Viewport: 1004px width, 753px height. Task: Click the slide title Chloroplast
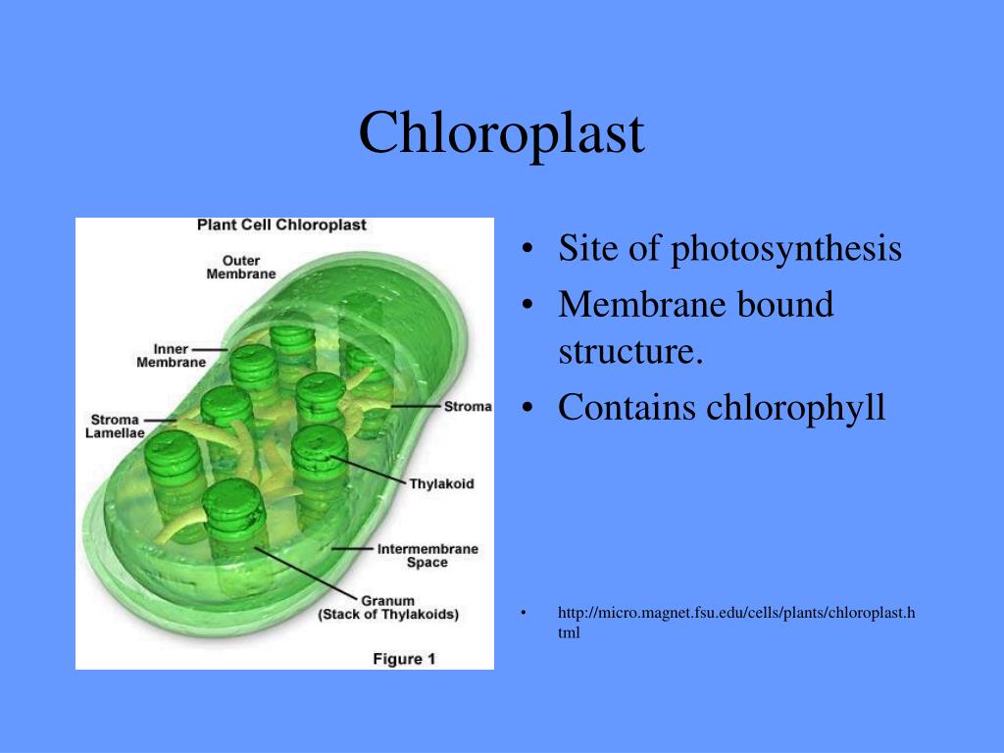[x=501, y=132]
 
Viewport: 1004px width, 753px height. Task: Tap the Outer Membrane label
[x=241, y=267]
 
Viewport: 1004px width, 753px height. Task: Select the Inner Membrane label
[x=171, y=355]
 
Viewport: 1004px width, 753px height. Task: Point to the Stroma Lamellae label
[x=116, y=426]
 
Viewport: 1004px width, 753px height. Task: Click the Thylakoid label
[x=442, y=483]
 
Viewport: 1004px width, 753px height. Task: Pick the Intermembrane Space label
[x=427, y=555]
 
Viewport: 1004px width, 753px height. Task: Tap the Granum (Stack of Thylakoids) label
[x=388, y=608]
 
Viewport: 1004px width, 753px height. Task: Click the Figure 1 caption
[x=404, y=659]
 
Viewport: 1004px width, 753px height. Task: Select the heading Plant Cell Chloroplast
[x=281, y=225]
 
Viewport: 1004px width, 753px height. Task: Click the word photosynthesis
[x=786, y=248]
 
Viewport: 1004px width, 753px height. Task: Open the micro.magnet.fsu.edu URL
[x=736, y=623]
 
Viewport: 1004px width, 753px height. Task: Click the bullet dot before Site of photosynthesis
[x=527, y=248]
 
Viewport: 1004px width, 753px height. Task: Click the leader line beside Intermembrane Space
[x=352, y=549]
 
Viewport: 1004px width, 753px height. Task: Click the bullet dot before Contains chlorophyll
[x=527, y=408]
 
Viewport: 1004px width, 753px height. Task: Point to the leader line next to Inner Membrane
[x=210, y=350]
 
